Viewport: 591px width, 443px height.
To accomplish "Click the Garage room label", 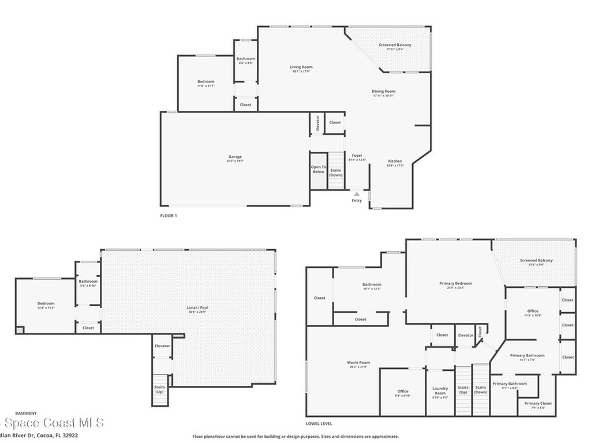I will point(234,157).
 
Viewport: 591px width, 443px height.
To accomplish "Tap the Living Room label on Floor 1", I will point(301,67).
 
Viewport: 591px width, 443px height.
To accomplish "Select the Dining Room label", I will point(383,91).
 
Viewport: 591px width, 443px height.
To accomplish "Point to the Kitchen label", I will point(395,162).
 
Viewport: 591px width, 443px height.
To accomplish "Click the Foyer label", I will point(357,156).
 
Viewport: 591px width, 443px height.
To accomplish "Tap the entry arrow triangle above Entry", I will point(357,194).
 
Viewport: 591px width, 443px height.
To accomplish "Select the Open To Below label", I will point(319,169).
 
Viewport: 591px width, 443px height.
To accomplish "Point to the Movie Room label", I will point(358,363).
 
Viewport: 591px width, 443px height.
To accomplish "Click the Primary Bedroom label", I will point(455,284).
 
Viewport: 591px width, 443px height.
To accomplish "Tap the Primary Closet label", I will point(538,403).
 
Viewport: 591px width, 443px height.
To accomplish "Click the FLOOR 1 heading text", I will point(169,215).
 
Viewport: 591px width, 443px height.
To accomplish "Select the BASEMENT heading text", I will point(25,413).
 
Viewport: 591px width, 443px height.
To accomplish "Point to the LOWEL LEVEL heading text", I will point(319,414).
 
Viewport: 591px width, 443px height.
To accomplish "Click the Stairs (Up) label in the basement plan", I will point(159,389).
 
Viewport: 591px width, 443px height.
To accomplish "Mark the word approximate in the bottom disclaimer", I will point(384,437).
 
